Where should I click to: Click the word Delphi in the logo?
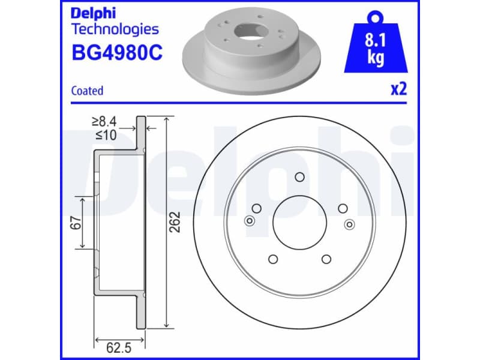point(93,12)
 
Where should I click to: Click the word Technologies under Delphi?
point(115,29)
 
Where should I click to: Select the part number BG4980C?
point(116,53)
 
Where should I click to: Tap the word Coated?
point(87,91)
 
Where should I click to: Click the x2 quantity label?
point(398,89)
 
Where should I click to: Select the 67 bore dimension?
point(75,222)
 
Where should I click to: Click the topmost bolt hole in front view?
point(300,177)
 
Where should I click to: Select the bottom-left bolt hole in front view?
point(273,259)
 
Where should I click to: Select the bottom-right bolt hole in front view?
point(326,259)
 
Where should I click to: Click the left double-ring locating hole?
point(250,221)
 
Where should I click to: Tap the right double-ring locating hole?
point(349,224)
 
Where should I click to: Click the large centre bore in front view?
point(299,223)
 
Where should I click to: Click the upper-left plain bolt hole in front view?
point(257,208)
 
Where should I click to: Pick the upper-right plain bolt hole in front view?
point(343,208)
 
